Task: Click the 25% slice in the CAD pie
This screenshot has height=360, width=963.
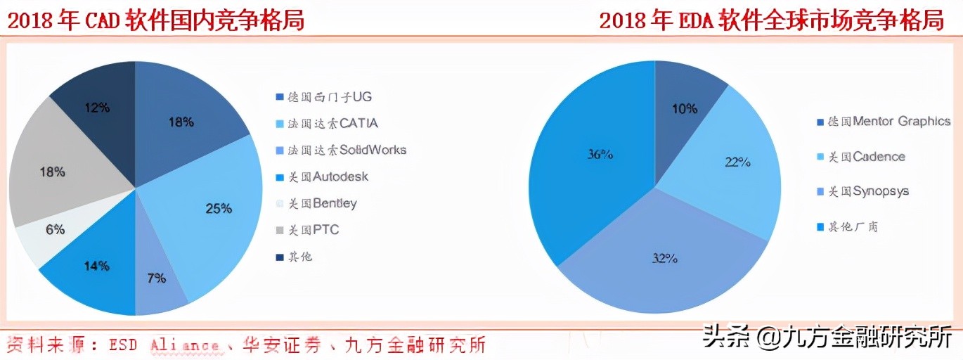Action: click(x=211, y=211)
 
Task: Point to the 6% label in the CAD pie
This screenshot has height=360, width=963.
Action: click(x=55, y=229)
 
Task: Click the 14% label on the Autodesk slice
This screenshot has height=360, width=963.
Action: click(x=96, y=266)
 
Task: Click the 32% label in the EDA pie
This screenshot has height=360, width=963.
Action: click(x=664, y=259)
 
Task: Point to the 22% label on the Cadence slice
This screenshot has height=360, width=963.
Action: click(x=737, y=162)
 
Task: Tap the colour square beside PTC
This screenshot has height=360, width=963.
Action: click(x=280, y=231)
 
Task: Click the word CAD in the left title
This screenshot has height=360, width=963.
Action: click(x=104, y=21)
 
